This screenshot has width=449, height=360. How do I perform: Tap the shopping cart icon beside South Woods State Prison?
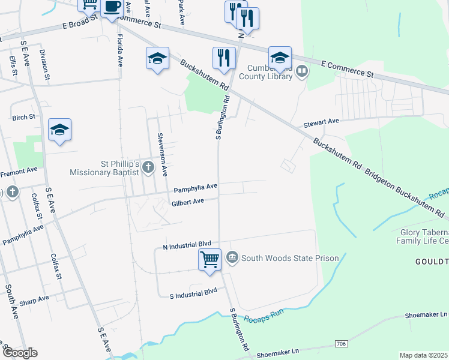click(209, 260)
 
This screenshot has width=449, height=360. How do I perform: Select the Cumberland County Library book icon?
click(302, 71)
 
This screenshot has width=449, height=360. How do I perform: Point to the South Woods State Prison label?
click(290, 259)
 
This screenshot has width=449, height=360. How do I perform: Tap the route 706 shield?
click(341, 343)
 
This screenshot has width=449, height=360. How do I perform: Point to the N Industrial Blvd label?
click(188, 245)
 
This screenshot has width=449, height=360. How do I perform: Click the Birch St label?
click(24, 118)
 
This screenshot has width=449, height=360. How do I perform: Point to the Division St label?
click(44, 61)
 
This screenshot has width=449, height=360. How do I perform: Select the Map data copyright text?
click(423, 355)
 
